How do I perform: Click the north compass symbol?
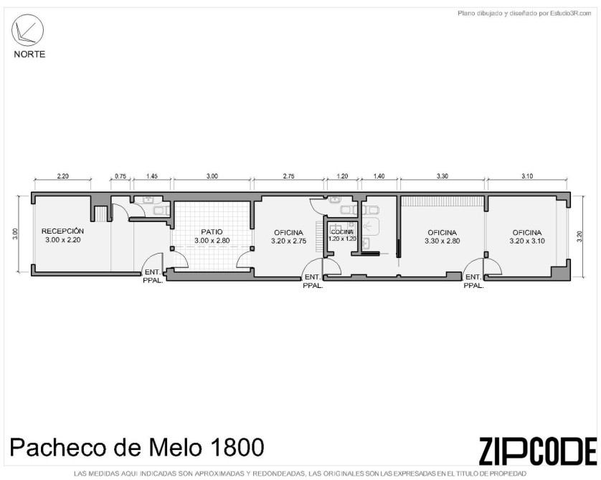coord(27,30)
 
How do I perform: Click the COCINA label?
coord(342,232)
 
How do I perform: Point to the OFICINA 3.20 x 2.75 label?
coord(288,237)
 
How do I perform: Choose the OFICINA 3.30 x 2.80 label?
coord(443,236)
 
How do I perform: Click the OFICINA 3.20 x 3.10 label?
coord(527,236)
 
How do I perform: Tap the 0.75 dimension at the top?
coord(120,176)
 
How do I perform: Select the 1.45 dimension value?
coord(152,176)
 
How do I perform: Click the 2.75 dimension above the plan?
coord(288,176)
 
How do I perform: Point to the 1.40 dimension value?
coord(379,176)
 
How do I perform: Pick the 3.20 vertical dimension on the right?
coord(580,236)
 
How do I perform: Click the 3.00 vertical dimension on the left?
coord(15,234)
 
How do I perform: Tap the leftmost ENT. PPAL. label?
coord(153,277)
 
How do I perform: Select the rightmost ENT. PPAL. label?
coord(474,281)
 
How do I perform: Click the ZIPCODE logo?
coord(538,451)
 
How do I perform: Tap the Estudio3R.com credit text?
coord(571,14)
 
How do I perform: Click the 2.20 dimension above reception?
coord(63,176)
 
